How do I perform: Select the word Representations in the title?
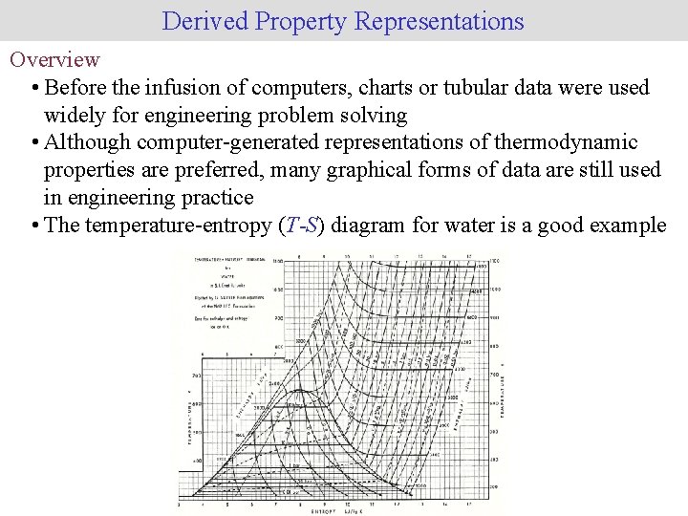click(440, 21)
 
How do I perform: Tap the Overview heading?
click(54, 59)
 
